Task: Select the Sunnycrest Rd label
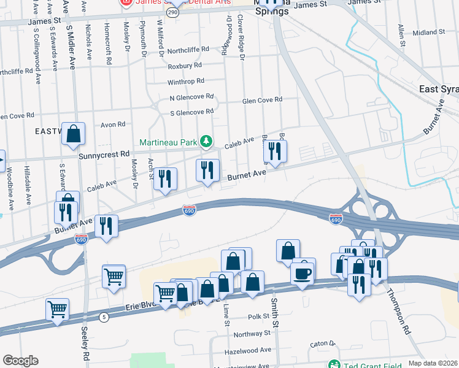(104, 155)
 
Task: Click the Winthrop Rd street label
(186, 82)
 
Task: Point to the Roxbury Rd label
(185, 65)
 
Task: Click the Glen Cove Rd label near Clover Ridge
(262, 100)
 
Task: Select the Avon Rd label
(113, 125)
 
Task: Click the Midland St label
(429, 32)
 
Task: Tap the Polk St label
(259, 316)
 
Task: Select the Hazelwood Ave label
(248, 350)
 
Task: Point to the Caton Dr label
(320, 344)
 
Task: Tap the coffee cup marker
(303, 272)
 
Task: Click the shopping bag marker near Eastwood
(73, 134)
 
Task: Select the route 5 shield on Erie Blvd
(104, 317)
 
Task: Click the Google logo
(20, 361)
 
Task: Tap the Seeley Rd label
(85, 347)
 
